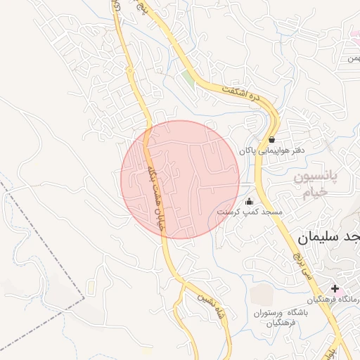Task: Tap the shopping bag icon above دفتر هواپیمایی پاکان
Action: pyautogui.click(x=272, y=139)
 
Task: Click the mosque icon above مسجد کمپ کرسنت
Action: pyautogui.click(x=249, y=202)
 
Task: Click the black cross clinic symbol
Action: pyautogui.click(x=335, y=288)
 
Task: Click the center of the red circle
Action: pyautogui.click(x=180, y=179)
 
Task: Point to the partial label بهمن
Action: pyautogui.click(x=351, y=58)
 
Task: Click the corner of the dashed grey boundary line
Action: pyautogui.click(x=84, y=298)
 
